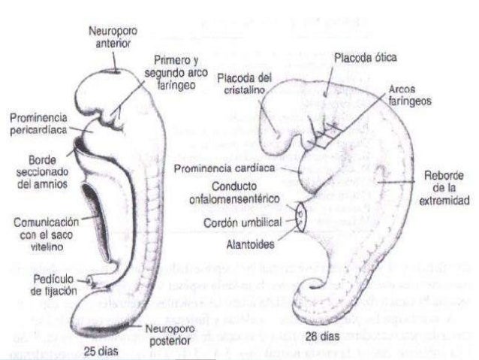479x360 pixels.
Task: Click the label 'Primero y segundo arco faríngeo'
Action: [x=176, y=72]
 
